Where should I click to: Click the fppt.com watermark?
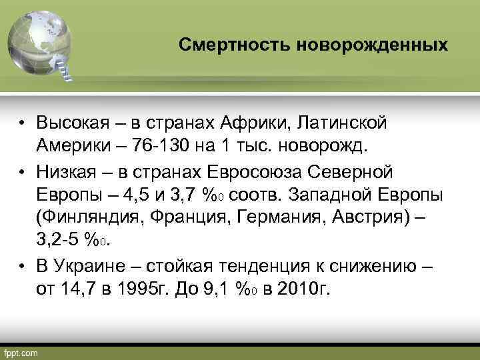point(22,351)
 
